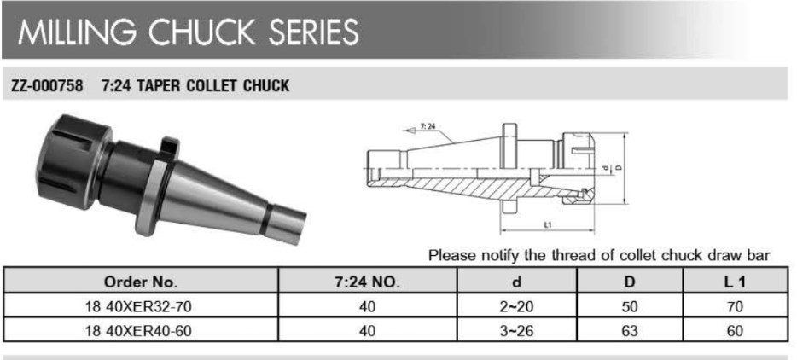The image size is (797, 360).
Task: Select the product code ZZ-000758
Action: click(47, 86)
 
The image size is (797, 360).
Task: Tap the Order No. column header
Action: click(140, 282)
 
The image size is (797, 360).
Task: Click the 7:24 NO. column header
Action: click(367, 282)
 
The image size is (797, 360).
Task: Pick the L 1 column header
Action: click(735, 282)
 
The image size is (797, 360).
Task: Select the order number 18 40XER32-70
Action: click(140, 306)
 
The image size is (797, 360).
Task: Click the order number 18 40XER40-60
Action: click(140, 331)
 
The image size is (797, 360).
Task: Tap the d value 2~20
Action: click(517, 306)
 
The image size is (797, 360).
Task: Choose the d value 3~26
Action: click(517, 331)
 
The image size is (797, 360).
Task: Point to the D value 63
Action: click(630, 331)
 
